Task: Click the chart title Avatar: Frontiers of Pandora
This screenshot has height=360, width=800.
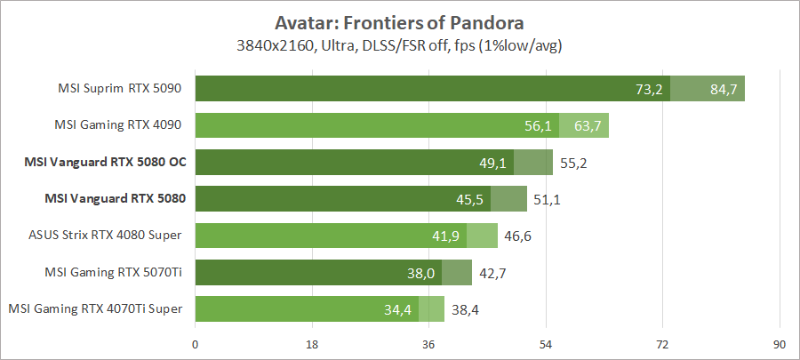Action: tap(400, 21)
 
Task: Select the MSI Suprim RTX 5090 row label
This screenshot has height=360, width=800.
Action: tap(119, 89)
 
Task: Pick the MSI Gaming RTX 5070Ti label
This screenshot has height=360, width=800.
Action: tap(120, 272)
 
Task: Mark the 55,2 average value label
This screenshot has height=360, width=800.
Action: tap(572, 163)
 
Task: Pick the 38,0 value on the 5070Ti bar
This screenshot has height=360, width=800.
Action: tap(421, 273)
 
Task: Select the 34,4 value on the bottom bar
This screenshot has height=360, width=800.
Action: tap(398, 309)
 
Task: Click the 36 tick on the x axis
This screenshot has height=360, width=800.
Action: tap(428, 344)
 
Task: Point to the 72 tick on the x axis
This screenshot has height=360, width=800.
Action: tap(662, 344)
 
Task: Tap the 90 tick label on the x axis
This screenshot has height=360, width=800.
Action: tap(780, 344)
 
